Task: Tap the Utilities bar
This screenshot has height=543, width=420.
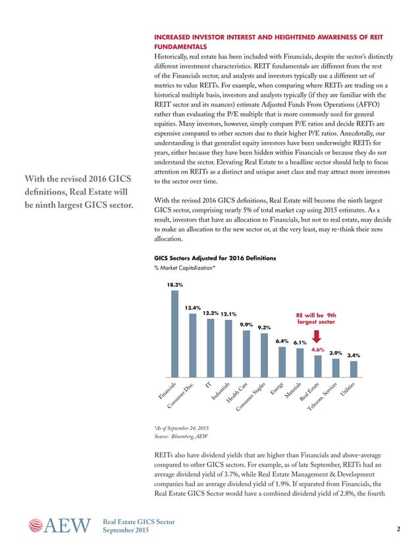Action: point(354,369)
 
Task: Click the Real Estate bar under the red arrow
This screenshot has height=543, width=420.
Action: point(318,367)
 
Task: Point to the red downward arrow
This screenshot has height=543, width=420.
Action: point(317,337)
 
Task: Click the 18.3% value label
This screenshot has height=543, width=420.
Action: point(174,285)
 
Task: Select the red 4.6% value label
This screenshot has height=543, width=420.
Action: point(318,350)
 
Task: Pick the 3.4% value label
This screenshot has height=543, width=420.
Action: point(354,355)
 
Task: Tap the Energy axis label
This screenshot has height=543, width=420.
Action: point(276,389)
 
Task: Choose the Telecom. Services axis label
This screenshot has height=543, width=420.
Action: point(322,397)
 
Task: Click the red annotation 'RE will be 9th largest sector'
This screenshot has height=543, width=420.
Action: point(317,318)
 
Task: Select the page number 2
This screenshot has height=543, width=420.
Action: point(399,529)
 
